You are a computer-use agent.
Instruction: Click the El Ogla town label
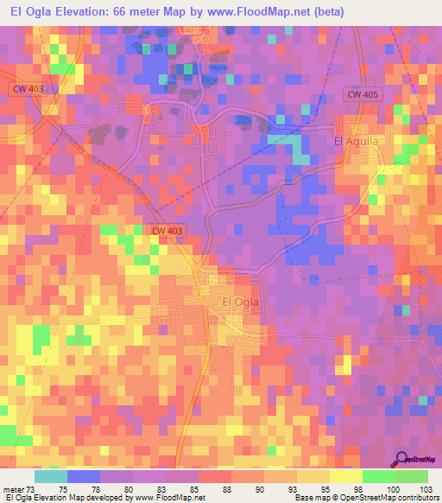coord(241,302)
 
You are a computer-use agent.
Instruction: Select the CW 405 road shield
coord(363,93)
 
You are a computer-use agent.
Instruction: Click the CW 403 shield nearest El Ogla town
coord(168,231)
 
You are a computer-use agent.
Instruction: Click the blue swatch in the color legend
coord(84,476)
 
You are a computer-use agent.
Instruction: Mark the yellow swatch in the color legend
coord(345,476)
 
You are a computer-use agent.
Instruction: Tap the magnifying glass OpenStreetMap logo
coord(403,458)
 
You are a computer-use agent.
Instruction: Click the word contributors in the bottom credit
coord(414,498)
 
